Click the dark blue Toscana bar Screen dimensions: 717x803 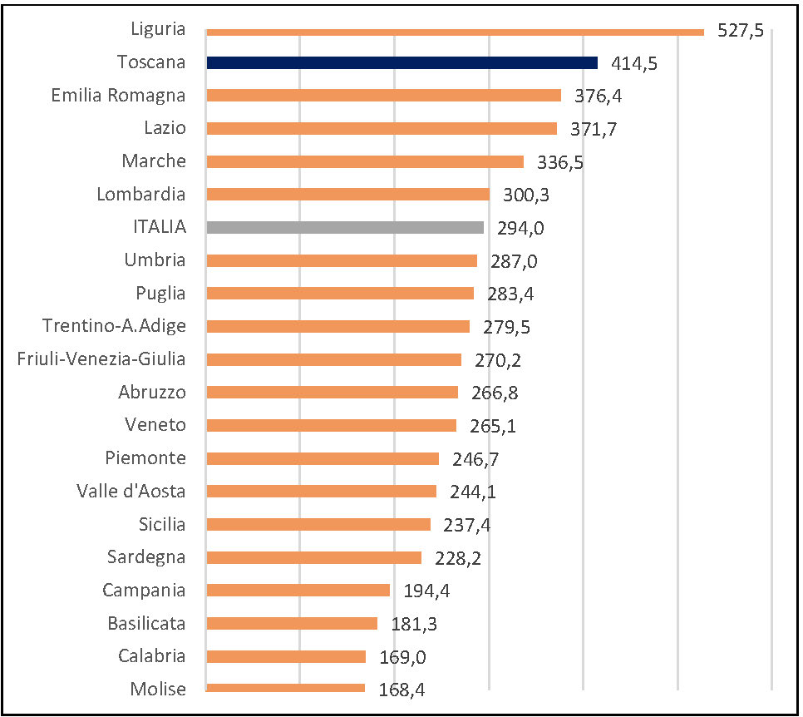pos(401,62)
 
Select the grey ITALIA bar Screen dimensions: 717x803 pos(344,227)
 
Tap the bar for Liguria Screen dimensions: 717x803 pos(455,32)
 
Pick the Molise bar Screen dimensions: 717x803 pos(285,688)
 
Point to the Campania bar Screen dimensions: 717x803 pos(298,590)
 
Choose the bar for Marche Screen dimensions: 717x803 pos(364,161)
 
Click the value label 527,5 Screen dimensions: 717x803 pos(741,32)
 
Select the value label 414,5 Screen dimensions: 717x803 pos(634,63)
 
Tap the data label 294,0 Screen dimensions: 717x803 pos(520,228)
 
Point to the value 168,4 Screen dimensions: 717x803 pos(401,690)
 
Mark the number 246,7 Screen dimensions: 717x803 pos(475,459)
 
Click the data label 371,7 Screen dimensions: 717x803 pos(594,129)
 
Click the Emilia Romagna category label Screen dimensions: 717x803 pos(118,95)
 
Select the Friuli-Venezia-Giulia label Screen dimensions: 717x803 pos(101,358)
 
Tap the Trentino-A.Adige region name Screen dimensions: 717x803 pos(114,325)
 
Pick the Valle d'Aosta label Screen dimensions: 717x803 pos(131,491)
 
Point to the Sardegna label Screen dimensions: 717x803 pos(146,556)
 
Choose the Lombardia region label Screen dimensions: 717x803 pos(141,194)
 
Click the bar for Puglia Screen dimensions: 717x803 pos(339,293)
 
